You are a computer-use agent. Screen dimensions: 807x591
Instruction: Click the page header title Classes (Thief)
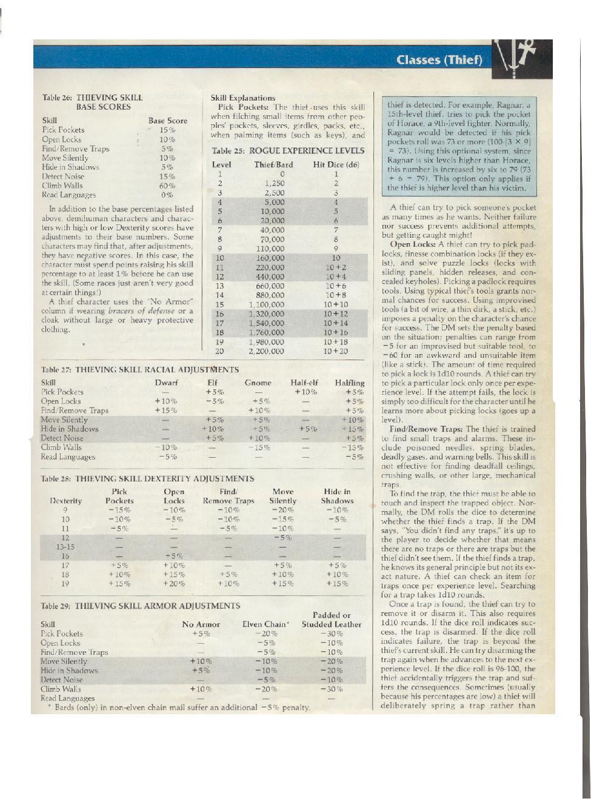(439, 59)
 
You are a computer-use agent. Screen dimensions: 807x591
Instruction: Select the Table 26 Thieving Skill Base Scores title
(93, 102)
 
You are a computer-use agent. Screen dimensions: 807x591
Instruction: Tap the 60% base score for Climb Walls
(167, 186)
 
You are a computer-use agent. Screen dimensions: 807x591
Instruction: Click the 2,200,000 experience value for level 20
(265, 351)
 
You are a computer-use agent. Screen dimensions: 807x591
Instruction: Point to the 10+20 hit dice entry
(336, 351)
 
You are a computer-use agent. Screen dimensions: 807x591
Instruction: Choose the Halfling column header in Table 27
(350, 383)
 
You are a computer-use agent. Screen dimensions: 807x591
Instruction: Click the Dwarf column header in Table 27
(166, 383)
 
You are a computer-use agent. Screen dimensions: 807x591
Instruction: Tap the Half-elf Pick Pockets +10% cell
(305, 392)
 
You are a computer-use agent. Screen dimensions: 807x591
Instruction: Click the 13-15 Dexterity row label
(65, 547)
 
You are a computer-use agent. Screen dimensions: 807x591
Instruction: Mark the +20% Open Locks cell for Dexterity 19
(174, 584)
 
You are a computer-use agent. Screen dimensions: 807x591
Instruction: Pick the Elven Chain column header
(265, 624)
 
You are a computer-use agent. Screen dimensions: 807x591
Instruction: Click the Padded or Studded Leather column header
(331, 620)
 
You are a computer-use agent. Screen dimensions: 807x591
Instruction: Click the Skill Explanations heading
(242, 98)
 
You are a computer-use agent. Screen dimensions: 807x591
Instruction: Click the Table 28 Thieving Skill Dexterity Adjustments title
(147, 478)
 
